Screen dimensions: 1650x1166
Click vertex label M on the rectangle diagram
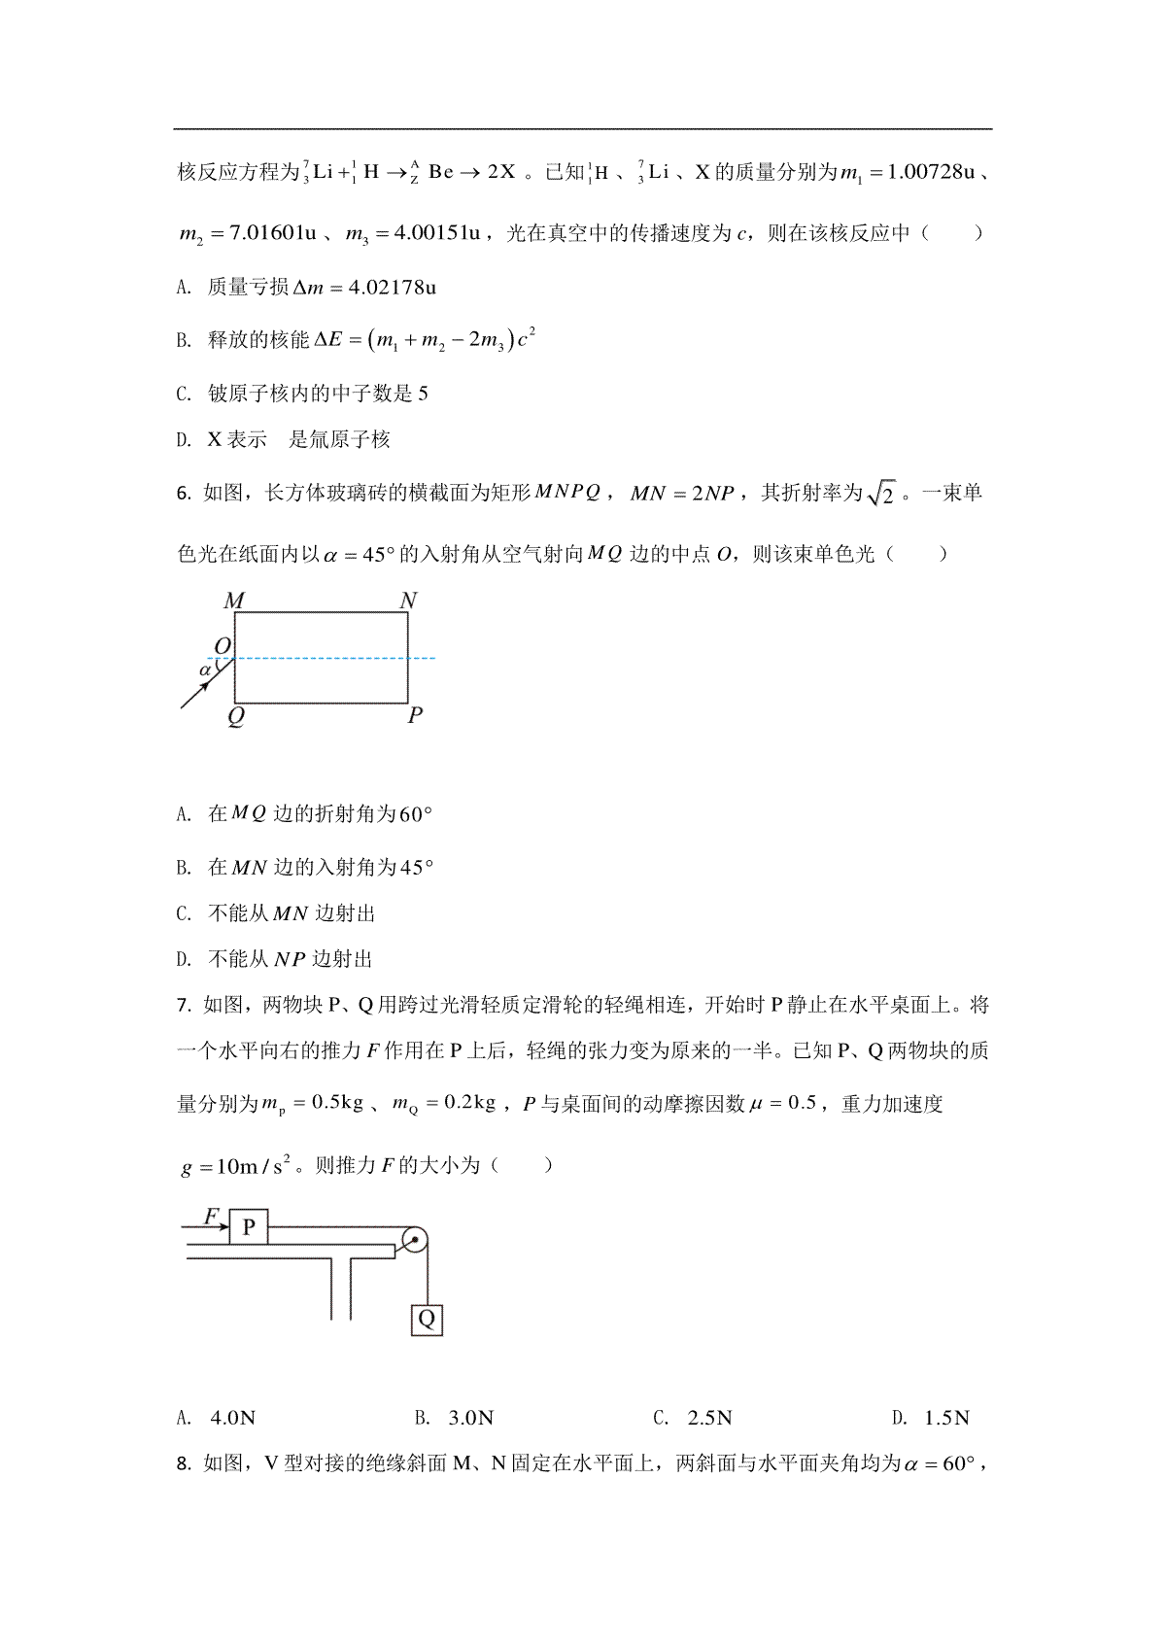click(234, 601)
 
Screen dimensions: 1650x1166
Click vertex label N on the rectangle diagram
click(408, 601)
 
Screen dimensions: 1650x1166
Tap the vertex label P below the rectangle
click(415, 715)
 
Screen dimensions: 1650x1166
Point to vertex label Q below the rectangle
click(235, 717)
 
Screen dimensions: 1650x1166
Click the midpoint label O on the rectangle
click(223, 646)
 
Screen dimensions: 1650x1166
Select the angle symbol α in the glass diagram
click(205, 670)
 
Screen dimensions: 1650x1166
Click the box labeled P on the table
click(248, 1227)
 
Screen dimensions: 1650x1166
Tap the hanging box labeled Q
click(427, 1319)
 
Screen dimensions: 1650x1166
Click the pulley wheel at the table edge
click(415, 1241)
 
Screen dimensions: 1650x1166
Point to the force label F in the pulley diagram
click(210, 1216)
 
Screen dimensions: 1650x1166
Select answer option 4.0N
click(232, 1418)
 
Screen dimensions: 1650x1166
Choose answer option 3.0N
click(471, 1418)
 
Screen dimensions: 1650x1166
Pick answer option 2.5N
click(709, 1418)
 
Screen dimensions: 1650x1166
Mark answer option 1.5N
click(947, 1418)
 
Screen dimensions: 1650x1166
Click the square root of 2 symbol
click(879, 494)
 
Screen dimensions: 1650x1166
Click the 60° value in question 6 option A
click(415, 814)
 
